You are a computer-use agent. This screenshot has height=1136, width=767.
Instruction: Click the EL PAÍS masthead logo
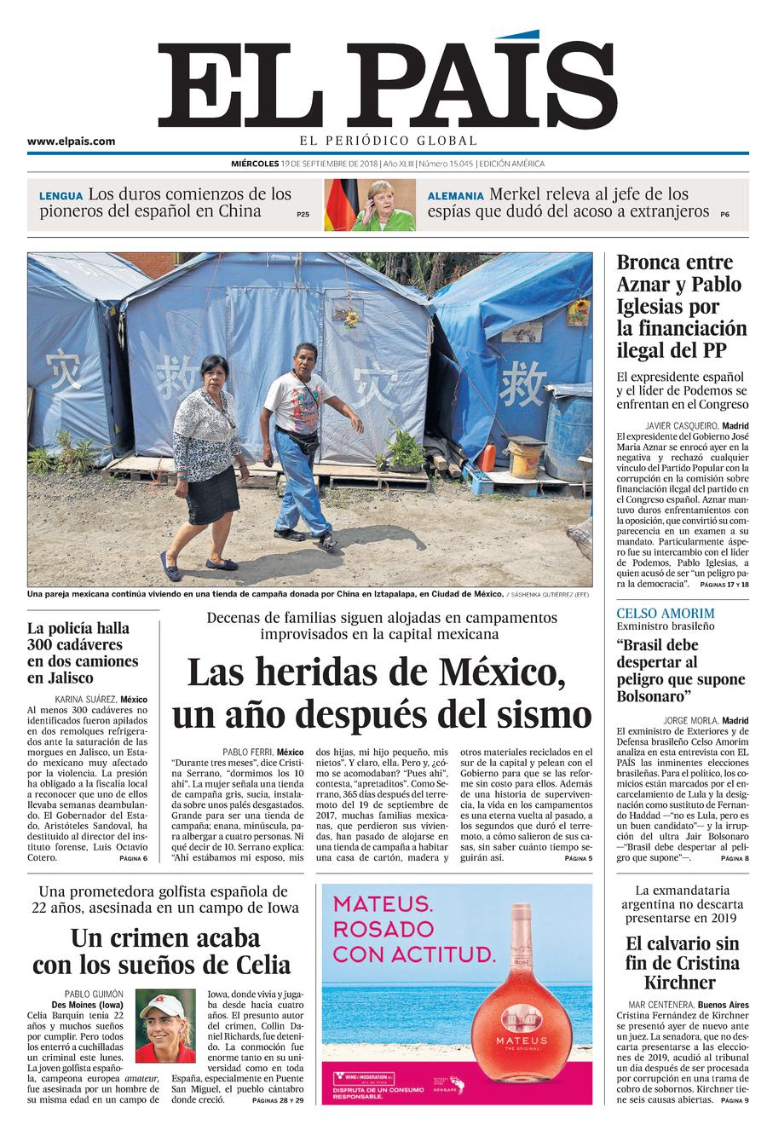pos(388,85)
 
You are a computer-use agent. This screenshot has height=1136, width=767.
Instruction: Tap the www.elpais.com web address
pos(71,142)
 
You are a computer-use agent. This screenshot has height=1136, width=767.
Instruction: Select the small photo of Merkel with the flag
pos(369,205)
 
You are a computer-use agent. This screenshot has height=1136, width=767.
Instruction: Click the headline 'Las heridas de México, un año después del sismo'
pos(382,692)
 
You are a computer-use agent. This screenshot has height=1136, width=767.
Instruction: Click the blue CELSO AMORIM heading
pos(665,614)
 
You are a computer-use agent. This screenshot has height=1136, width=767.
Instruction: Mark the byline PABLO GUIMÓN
pos(94,994)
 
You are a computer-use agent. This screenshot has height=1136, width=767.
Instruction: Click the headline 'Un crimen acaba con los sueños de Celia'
pos(162,951)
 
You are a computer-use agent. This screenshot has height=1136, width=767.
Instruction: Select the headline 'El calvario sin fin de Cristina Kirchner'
pos(681,963)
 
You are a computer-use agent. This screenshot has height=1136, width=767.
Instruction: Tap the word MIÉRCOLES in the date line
pos(255,164)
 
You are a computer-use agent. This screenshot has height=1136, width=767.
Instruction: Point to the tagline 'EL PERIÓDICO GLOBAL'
pos(388,141)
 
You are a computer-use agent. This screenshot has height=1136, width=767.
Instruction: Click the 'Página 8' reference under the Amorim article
pos(733,857)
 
